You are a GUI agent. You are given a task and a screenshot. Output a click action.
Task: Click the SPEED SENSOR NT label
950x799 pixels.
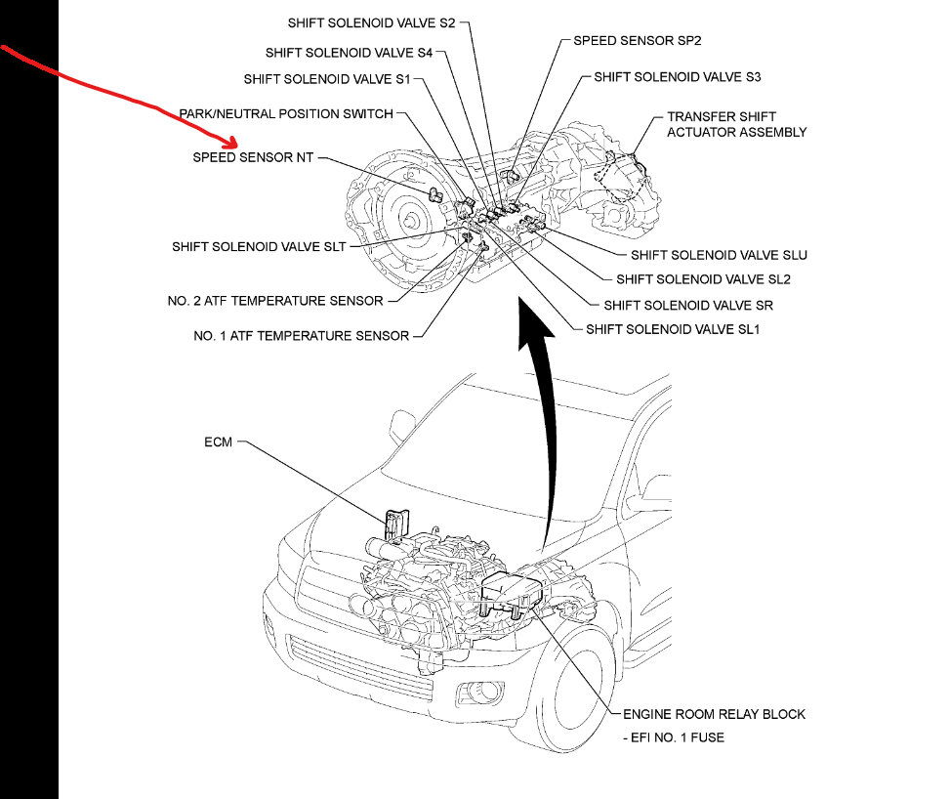point(253,157)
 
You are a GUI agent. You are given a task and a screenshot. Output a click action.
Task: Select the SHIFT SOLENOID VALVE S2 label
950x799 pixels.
point(372,21)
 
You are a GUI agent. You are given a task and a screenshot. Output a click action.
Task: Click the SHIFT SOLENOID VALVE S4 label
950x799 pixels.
point(349,53)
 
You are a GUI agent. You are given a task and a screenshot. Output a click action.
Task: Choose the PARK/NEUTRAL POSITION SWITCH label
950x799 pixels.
point(286,114)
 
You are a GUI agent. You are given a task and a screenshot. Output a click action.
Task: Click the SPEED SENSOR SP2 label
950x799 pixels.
point(637,41)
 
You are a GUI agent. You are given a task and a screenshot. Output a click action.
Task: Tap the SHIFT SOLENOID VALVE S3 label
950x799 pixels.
point(677,76)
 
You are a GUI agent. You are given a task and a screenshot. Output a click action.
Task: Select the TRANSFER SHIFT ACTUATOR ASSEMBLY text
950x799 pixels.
point(736,124)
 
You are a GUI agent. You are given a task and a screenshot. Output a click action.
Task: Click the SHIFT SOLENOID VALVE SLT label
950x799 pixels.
point(259,247)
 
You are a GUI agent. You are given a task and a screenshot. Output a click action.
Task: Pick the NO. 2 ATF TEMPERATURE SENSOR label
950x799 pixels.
point(275,301)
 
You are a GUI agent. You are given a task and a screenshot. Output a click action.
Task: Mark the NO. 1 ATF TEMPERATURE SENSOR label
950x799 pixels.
point(302,336)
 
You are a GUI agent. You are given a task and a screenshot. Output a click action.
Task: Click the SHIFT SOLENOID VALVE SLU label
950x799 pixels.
point(719,255)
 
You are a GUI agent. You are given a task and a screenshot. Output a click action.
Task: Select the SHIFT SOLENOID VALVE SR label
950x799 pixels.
point(688,306)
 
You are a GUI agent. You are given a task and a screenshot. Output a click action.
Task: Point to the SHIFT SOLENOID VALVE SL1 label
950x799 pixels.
point(673,329)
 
